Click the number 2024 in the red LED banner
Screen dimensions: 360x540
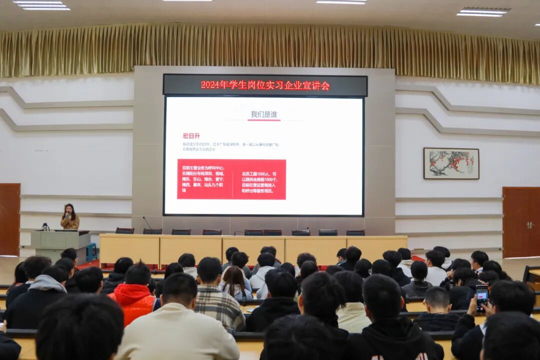(x=211, y=85)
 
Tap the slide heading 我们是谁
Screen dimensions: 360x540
(x=263, y=114)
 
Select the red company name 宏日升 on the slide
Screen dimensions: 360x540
(x=191, y=135)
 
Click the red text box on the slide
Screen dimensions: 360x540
(x=231, y=179)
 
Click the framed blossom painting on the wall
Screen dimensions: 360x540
(x=451, y=163)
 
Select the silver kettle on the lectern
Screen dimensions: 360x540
(x=45, y=227)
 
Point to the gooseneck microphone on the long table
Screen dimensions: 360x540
(x=147, y=222)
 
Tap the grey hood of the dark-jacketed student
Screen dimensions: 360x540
(x=47, y=283)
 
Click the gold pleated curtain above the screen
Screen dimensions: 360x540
(x=270, y=50)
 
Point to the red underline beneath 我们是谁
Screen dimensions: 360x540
(x=263, y=120)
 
